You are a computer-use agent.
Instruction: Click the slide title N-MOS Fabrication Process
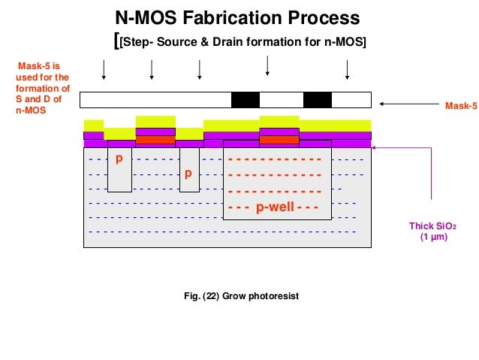pyautogui.click(x=236, y=17)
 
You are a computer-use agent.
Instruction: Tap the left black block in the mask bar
pyautogui.click(x=246, y=100)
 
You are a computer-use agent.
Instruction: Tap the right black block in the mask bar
pyautogui.click(x=317, y=100)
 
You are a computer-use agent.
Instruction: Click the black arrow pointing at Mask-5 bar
pyautogui.click(x=405, y=104)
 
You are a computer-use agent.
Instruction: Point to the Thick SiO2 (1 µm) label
pyautogui.click(x=432, y=230)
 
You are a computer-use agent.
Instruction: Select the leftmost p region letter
pyautogui.click(x=119, y=159)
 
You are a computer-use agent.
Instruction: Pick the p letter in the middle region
pyautogui.click(x=188, y=173)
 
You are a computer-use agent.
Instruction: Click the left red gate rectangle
pyautogui.click(x=155, y=140)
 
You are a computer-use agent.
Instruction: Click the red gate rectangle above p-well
pyautogui.click(x=279, y=140)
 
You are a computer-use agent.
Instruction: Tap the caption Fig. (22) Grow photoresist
pyautogui.click(x=241, y=296)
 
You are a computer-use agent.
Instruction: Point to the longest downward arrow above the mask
pyautogui.click(x=267, y=66)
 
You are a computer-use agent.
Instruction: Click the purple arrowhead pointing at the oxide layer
pyautogui.click(x=375, y=148)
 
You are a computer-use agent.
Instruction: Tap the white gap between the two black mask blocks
pyautogui.click(x=282, y=100)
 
